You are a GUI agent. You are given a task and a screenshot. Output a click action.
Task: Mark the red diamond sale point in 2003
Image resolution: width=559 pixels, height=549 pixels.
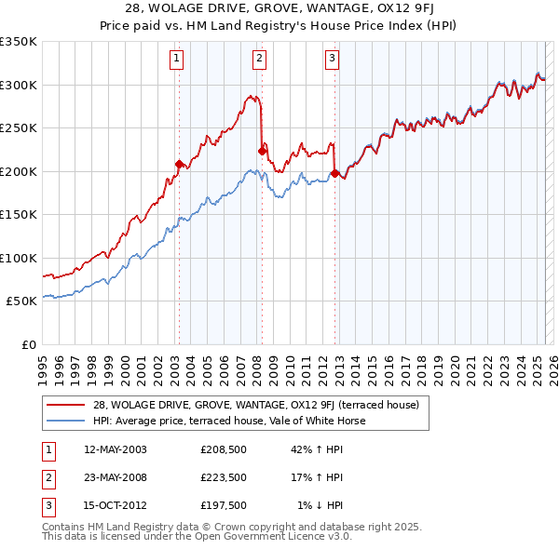[x=179, y=164]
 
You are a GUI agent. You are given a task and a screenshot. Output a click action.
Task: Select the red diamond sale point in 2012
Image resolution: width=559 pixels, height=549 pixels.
[x=334, y=172]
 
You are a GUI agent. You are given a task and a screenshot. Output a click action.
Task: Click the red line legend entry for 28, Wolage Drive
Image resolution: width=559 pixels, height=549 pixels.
[x=256, y=405]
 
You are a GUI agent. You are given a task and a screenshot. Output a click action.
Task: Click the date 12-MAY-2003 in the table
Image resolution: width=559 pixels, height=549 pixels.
[x=115, y=449]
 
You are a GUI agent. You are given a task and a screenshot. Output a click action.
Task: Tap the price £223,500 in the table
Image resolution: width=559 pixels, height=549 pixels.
[x=223, y=477]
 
